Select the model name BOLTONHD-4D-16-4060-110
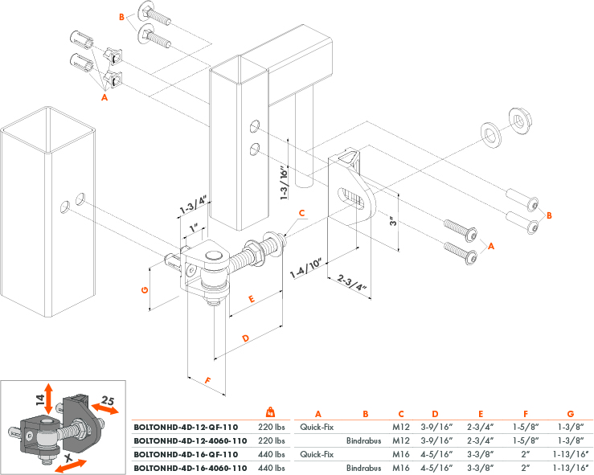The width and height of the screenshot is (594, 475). [190, 467]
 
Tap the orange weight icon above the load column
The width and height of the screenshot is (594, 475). [271, 412]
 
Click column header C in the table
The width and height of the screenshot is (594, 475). [400, 414]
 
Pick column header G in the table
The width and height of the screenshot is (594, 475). [570, 414]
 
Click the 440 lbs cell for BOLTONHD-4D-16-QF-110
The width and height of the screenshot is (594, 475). [272, 454]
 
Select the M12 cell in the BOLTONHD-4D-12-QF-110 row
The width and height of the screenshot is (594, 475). [400, 428]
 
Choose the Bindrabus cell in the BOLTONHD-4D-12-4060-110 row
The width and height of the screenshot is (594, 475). [363, 441]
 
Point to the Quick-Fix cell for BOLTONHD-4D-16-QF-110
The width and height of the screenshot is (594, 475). [317, 454]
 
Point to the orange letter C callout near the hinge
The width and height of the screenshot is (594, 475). [301, 214]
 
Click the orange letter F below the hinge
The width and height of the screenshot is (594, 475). [208, 380]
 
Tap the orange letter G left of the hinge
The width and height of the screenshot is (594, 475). [144, 290]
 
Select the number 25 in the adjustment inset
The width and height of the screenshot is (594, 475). [109, 400]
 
